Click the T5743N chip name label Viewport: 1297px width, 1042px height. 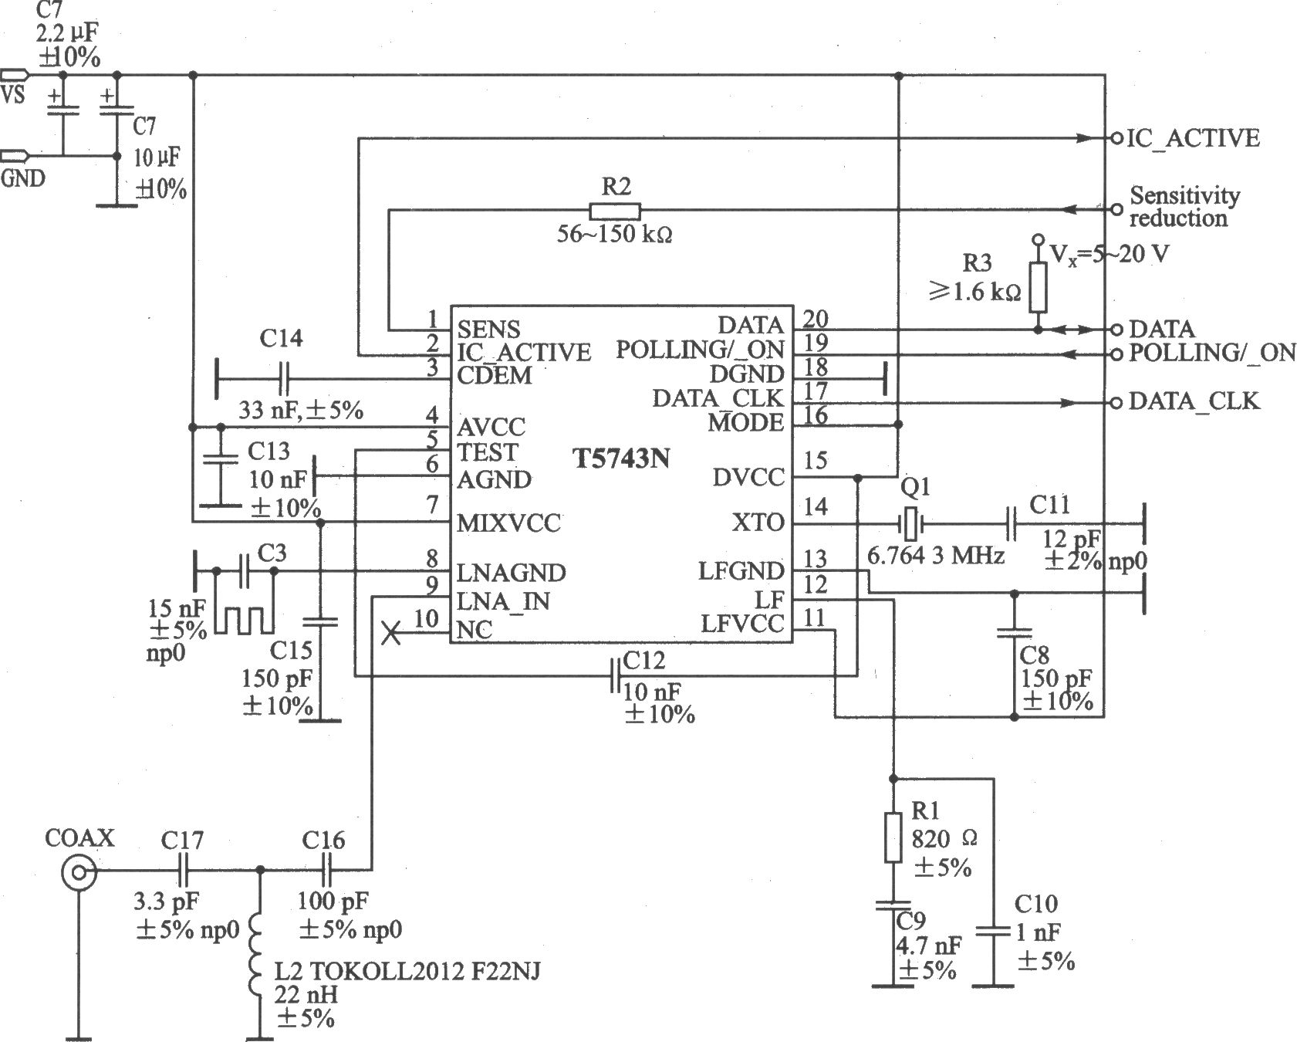click(x=621, y=459)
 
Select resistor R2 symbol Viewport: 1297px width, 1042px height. click(x=614, y=211)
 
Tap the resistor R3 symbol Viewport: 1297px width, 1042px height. click(x=1038, y=286)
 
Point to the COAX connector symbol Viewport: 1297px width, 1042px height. click(x=78, y=874)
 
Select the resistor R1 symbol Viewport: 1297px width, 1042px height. click(x=893, y=837)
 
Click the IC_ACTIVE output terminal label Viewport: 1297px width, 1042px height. click(x=1194, y=139)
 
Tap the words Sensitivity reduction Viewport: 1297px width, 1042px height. click(x=1184, y=207)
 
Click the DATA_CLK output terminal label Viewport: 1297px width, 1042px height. click(x=1194, y=401)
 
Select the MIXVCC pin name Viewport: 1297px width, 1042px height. click(x=508, y=523)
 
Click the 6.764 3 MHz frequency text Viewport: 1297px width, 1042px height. click(x=935, y=556)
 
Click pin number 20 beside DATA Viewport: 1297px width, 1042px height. click(x=815, y=318)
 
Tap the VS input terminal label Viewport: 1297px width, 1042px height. click(x=13, y=95)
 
